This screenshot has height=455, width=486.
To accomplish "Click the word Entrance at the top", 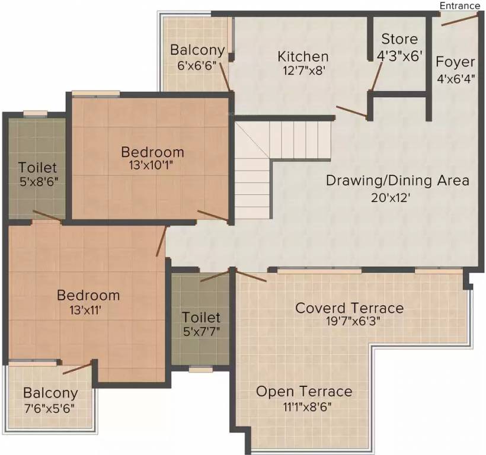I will point(460,5).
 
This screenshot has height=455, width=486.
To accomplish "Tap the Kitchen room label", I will point(303,57).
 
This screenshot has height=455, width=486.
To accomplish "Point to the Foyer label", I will point(455,62).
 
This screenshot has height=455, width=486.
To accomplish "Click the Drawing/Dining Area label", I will point(397,180).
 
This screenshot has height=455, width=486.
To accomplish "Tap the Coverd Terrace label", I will point(349,308).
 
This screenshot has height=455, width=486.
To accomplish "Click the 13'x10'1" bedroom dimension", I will point(149,166).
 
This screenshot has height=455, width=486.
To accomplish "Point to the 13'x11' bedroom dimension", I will point(88,310).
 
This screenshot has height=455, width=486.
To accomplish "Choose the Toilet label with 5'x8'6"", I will point(37,168).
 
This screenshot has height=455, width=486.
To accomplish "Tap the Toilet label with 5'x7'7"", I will point(201,318).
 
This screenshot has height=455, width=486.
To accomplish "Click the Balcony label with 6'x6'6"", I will point(197,49).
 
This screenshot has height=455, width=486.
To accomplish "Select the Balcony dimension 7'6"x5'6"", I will point(50,408).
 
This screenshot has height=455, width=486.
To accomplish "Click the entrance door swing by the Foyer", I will point(459,21).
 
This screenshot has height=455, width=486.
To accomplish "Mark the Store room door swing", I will point(376,77).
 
